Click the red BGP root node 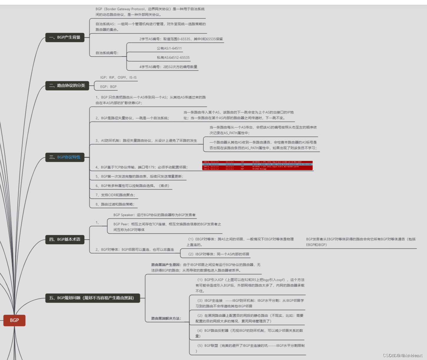14,320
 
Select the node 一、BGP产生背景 65,37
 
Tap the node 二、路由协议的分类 67,85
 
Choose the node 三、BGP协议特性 65,157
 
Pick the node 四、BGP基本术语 65,239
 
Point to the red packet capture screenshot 257,165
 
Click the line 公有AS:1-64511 169,48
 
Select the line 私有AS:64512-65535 173,58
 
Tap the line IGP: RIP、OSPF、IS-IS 118,77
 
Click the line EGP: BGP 108,87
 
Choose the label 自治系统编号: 107,53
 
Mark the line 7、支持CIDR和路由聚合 115,195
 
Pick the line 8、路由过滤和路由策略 115,204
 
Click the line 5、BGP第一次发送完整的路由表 139,176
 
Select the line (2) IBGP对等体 219,254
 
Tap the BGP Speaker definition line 154,215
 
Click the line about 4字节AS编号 168,67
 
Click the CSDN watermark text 403,355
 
